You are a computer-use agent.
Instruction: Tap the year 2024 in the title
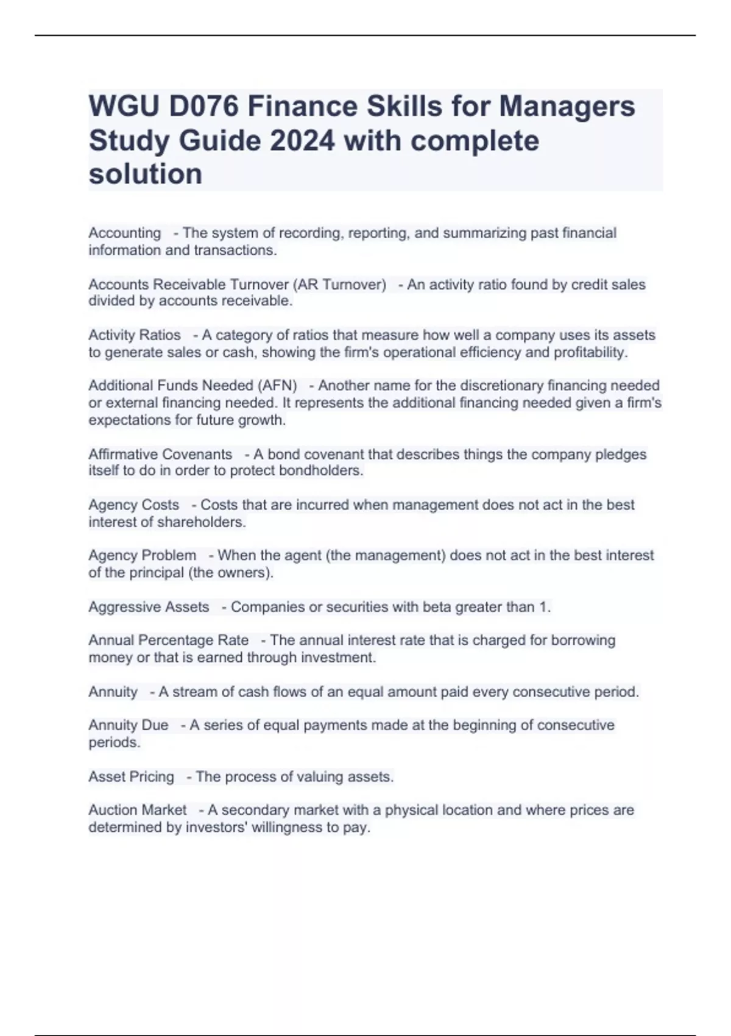(302, 141)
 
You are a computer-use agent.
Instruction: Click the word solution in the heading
(146, 174)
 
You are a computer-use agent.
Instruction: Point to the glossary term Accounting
(125, 233)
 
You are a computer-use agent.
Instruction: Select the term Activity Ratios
(135, 335)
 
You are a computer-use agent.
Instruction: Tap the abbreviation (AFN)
(277, 386)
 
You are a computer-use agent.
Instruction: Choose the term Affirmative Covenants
(160, 455)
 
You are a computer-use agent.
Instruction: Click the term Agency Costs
(134, 505)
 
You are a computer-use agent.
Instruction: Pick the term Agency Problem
(143, 556)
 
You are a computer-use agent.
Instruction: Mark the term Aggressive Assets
(149, 607)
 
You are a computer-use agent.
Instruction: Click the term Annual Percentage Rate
(169, 640)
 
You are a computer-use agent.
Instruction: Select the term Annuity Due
(129, 725)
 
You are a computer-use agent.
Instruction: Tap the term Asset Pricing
(132, 777)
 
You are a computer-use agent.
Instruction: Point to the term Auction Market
(138, 810)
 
